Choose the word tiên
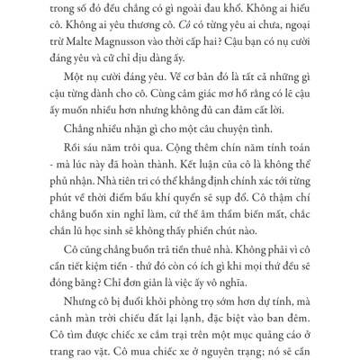(x=131, y=199)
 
